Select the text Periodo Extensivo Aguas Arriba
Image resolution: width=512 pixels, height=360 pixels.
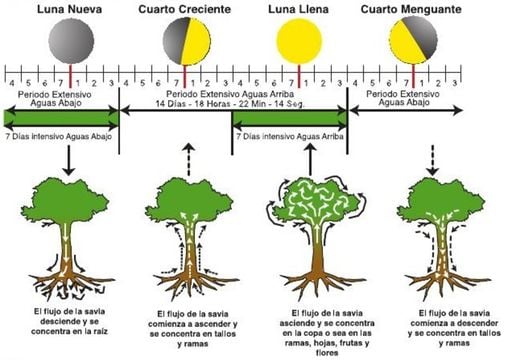coord(231,92)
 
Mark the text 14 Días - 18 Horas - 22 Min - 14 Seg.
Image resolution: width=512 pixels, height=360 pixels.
coord(232,103)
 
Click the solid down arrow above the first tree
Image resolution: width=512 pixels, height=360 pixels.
coord(69,162)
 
